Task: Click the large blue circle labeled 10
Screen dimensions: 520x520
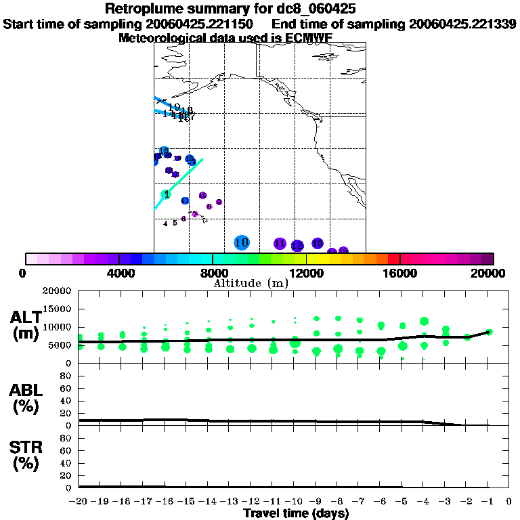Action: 242,242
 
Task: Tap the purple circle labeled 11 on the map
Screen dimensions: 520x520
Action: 280,244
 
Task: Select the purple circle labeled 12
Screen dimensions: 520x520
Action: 297,246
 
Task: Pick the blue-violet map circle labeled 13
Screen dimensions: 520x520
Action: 317,243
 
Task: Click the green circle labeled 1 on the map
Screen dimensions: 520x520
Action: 166,194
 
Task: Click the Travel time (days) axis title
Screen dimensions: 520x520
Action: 295,513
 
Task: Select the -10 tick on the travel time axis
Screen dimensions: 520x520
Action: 295,501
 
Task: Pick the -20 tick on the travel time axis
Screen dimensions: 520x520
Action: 79,501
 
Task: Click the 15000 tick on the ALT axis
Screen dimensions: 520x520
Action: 60,309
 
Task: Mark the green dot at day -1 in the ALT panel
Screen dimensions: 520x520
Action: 489,332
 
